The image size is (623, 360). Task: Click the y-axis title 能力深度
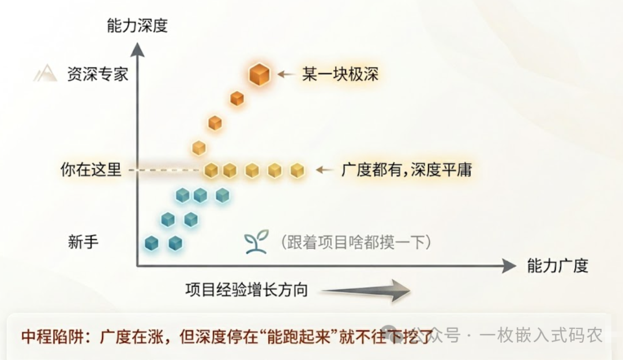pyautogui.click(x=137, y=26)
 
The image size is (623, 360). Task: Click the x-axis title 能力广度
pyautogui.click(x=557, y=265)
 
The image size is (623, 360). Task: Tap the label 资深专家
pyautogui.click(x=97, y=74)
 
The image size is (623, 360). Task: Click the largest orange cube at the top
pyautogui.click(x=260, y=74)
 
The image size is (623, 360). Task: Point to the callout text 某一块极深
pyautogui.click(x=340, y=74)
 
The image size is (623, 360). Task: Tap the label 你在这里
pyautogui.click(x=91, y=170)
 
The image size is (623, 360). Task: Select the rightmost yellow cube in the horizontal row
pyautogui.click(x=297, y=170)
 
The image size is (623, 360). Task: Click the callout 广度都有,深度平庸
pyautogui.click(x=407, y=170)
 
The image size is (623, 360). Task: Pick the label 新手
pyautogui.click(x=83, y=242)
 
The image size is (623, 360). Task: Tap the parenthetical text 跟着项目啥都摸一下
pyautogui.click(x=355, y=242)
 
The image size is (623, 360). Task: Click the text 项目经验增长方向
pyautogui.click(x=246, y=290)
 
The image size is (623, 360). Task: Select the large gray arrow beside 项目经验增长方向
pyautogui.click(x=366, y=290)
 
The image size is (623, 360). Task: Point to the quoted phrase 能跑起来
pyautogui.click(x=303, y=336)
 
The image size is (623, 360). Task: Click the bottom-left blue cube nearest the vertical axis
pyautogui.click(x=151, y=243)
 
